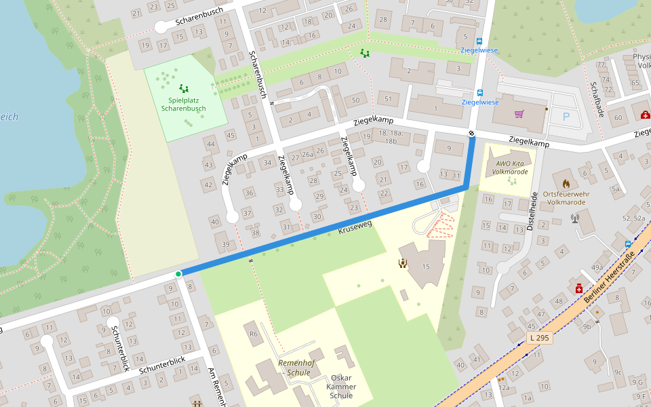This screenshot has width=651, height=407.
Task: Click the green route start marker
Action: (x=178, y=274)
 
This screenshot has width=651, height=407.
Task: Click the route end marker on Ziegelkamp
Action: (x=471, y=133)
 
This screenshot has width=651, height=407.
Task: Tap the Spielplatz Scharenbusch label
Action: (x=183, y=104)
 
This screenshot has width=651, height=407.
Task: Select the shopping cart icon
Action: (x=519, y=114)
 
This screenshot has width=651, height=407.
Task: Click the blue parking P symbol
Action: (x=566, y=117)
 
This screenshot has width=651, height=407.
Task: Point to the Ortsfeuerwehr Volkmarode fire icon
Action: (x=566, y=183)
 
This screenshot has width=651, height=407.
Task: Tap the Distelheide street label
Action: (x=533, y=210)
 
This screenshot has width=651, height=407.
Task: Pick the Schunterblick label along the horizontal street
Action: (x=162, y=366)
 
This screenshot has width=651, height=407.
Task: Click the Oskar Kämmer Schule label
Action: (x=341, y=387)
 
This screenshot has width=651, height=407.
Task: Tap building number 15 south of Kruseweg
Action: (x=426, y=267)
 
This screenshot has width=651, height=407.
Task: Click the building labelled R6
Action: (x=254, y=334)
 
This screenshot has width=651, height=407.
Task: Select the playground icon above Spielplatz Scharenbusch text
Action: (x=184, y=88)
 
